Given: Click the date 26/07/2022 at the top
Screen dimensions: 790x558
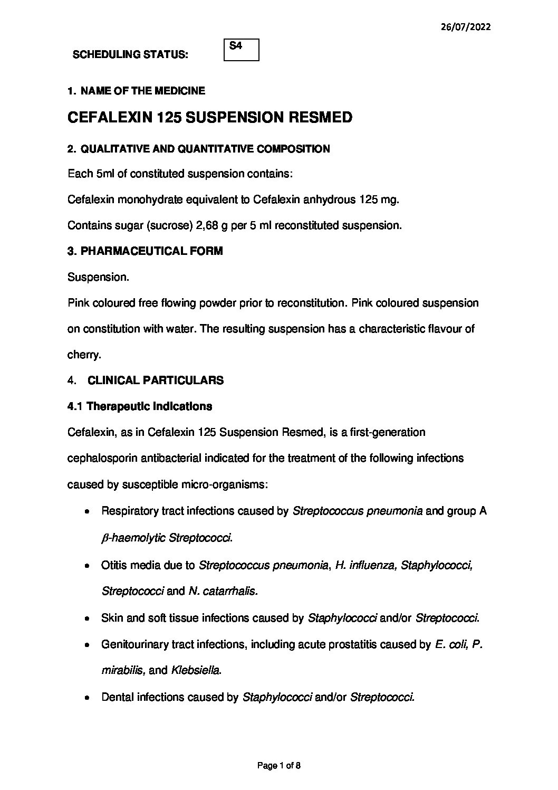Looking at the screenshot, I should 465,27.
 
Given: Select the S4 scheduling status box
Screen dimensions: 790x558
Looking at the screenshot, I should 241,50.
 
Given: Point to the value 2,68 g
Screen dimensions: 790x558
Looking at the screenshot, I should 213,225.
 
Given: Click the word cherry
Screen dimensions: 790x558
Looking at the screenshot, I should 84,355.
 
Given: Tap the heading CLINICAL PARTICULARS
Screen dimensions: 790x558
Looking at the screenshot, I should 155,380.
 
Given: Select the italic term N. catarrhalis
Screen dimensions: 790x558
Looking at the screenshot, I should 223,591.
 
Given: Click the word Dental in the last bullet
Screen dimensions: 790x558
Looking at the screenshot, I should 117,697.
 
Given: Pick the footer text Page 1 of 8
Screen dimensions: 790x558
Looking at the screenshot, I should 279,765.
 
